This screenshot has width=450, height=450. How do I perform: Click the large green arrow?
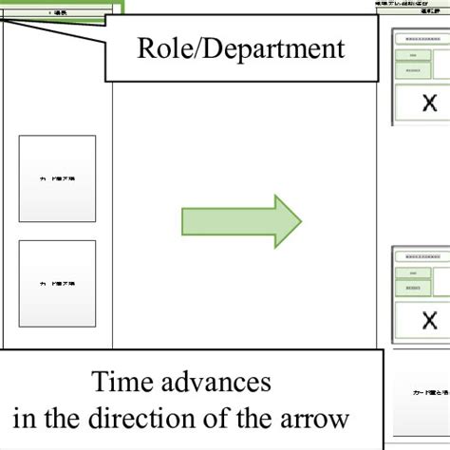point(237,221)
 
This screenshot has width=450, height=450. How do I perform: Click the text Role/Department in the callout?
point(225,48)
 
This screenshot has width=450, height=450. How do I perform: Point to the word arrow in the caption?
point(317,417)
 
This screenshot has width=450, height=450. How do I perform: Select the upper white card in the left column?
point(57,178)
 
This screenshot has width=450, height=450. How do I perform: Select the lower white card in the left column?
point(57,283)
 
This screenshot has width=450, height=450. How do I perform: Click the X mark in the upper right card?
point(429,103)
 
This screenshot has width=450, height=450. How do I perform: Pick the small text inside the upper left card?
point(57,178)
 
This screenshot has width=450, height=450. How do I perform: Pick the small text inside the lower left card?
point(57,284)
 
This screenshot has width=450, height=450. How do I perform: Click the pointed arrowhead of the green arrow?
point(289,221)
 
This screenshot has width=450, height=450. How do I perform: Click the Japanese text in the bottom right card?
point(422,391)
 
